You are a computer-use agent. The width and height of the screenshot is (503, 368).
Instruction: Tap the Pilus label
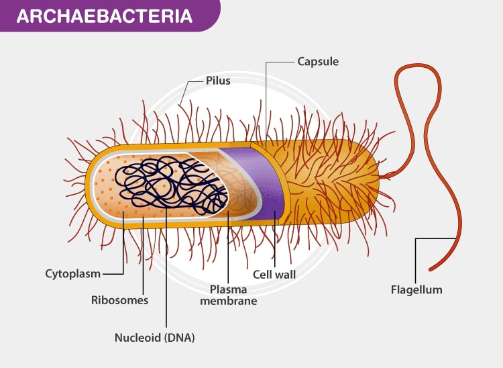[219, 81]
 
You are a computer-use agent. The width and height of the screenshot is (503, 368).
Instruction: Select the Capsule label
[318, 62]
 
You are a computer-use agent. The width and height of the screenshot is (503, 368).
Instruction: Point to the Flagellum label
[416, 290]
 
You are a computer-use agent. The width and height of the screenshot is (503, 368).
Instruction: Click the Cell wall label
[274, 274]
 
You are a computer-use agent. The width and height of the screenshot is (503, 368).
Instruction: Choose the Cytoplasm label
[72, 273]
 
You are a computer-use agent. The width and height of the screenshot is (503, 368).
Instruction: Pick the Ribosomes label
[119, 300]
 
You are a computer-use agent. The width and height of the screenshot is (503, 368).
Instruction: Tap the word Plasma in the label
[228, 289]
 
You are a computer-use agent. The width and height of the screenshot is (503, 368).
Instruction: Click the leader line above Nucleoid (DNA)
[165, 282]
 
